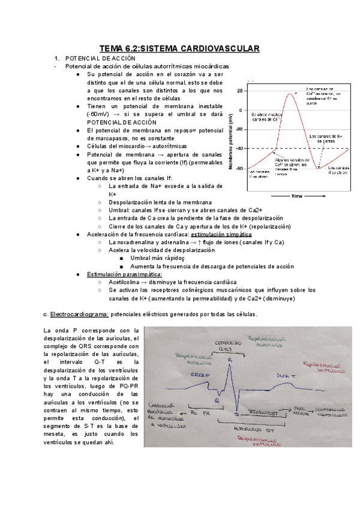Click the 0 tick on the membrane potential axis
(x=241, y=110)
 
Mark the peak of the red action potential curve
(x=290, y=92)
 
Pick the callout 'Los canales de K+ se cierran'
(x=326, y=139)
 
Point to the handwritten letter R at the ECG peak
(x=230, y=359)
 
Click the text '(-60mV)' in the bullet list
(x=100, y=113)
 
